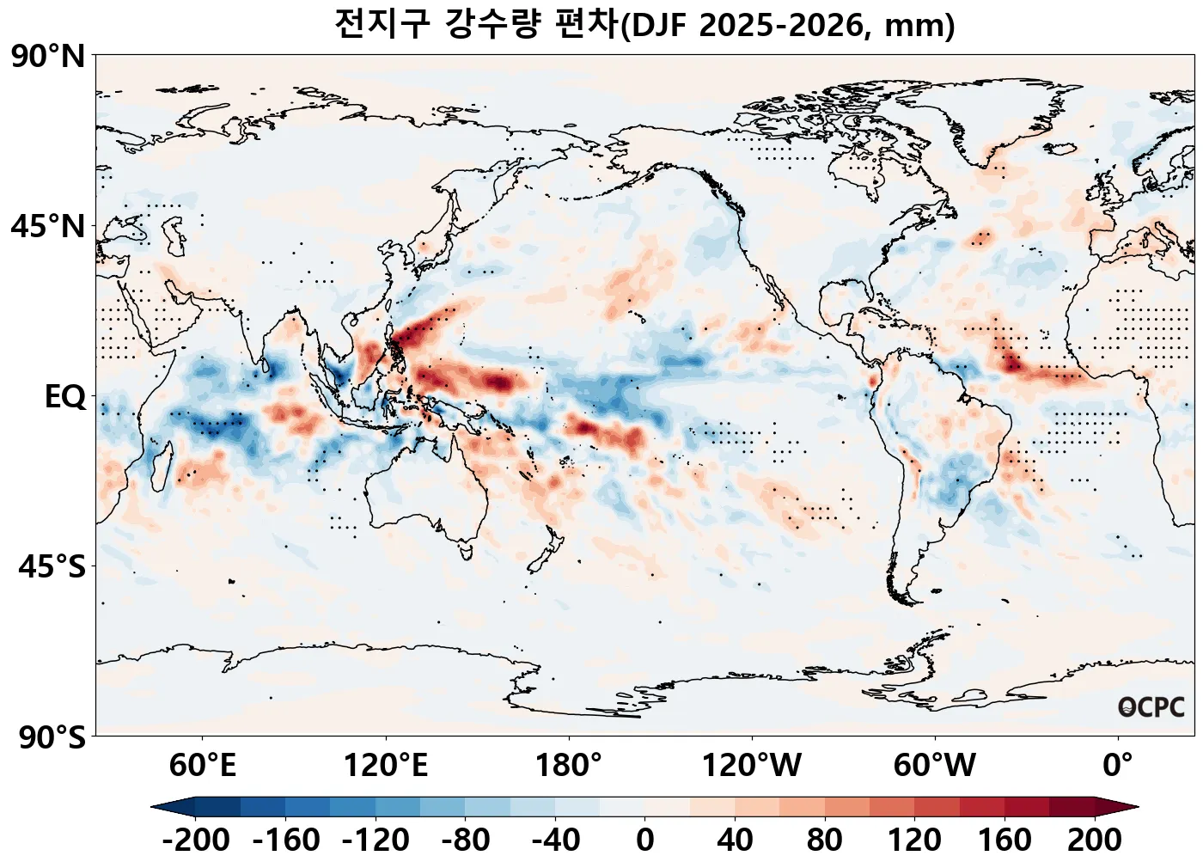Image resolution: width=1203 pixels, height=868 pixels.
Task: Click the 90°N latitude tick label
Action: [48, 57]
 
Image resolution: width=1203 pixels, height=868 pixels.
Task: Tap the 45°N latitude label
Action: [48, 227]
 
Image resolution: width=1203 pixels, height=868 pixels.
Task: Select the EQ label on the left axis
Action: [65, 397]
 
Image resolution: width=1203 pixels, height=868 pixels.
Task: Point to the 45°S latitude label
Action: [52, 567]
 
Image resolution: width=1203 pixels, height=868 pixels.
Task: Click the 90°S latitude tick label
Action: [52, 737]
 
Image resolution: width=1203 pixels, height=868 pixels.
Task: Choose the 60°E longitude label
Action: [202, 764]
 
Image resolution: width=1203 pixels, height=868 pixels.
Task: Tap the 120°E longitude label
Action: [385, 764]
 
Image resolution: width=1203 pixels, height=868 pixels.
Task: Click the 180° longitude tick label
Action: [568, 764]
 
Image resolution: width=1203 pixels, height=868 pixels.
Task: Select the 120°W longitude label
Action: [751, 764]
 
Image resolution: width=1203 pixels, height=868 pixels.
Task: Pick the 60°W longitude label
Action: [934, 764]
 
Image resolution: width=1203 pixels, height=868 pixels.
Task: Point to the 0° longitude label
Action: [1117, 764]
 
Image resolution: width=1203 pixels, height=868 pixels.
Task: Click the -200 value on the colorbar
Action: [196, 840]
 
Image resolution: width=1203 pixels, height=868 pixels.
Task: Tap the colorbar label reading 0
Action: [645, 840]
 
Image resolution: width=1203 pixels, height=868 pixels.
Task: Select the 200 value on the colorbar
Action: [1094, 840]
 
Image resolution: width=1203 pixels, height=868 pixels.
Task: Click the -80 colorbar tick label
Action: [466, 840]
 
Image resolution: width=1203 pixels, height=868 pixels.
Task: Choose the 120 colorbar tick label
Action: [914, 840]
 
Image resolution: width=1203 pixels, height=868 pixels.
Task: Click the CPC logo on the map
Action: [1151, 707]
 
